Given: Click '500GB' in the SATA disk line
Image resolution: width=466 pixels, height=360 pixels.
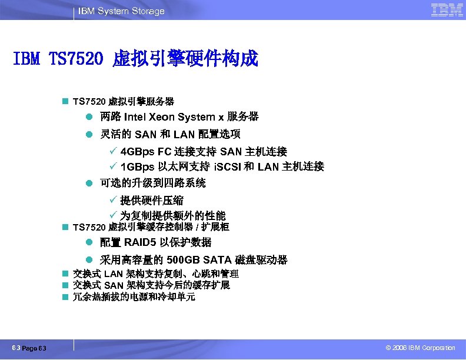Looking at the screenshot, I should (x=184, y=260).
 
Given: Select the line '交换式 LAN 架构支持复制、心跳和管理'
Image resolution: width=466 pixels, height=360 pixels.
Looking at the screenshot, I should (x=155, y=274).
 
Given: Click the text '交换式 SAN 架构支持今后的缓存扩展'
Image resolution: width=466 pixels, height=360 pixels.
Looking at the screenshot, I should (x=151, y=285).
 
